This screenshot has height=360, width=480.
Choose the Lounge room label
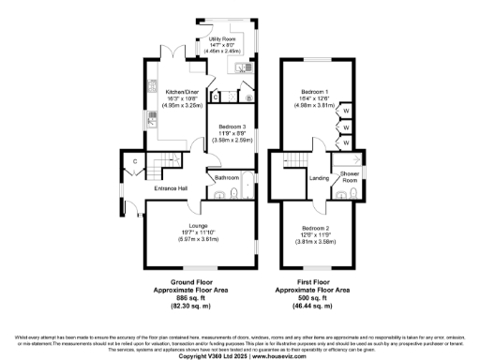point(198,226)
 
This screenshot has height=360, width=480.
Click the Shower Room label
point(351,176)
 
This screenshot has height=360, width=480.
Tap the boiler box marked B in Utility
point(248,96)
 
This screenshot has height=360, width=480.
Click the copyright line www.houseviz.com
point(239,355)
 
